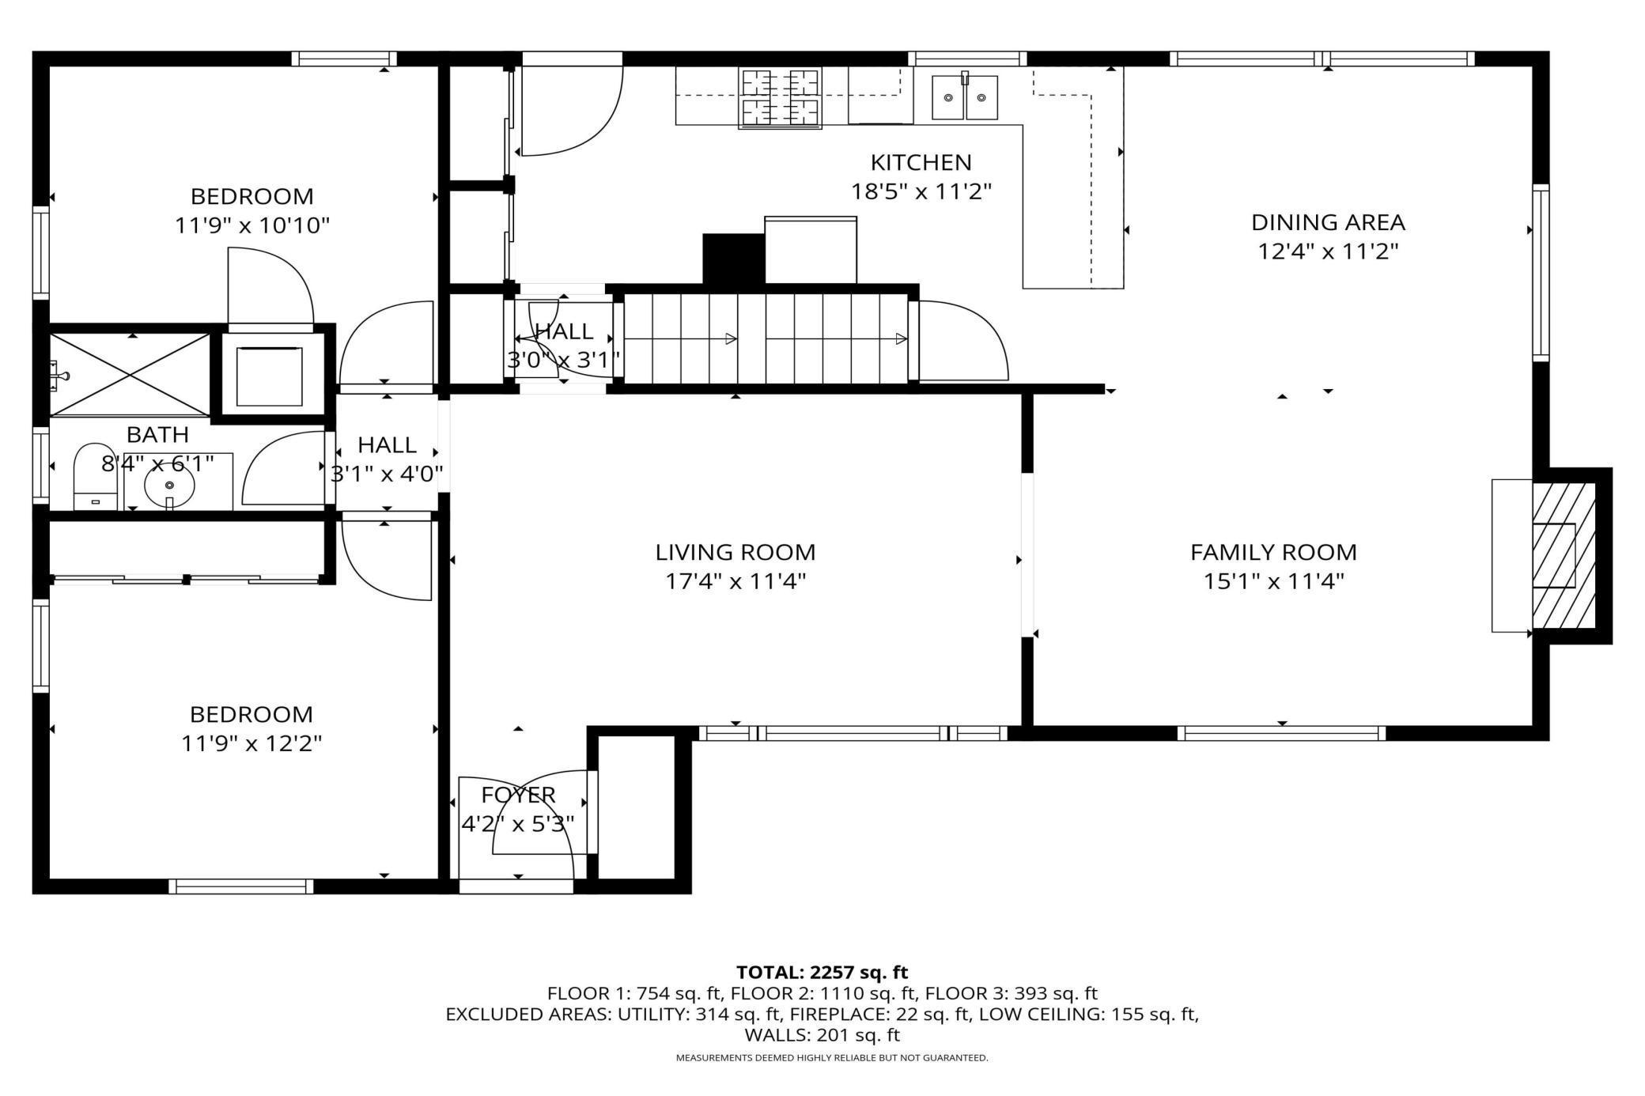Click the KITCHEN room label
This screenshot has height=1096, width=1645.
pyautogui.click(x=921, y=163)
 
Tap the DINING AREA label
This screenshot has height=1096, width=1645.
pyautogui.click(x=1328, y=222)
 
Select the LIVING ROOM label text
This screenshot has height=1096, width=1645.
pyautogui.click(x=735, y=552)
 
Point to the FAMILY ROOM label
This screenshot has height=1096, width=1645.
pyautogui.click(x=1273, y=552)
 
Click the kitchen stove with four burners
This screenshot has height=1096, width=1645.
pyautogui.click(x=781, y=97)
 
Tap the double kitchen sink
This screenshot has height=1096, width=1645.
pyautogui.click(x=964, y=96)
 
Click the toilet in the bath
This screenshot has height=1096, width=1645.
pyautogui.click(x=95, y=477)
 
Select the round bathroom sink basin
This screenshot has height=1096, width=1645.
pyautogui.click(x=169, y=485)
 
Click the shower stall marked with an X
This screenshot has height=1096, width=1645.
pyautogui.click(x=130, y=374)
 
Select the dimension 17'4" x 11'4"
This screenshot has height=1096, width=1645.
pyautogui.click(x=735, y=582)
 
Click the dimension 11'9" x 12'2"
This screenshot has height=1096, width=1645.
pyautogui.click(x=251, y=744)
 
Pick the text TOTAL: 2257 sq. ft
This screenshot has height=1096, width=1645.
pyautogui.click(x=822, y=972)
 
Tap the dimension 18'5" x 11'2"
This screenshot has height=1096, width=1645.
pyautogui.click(x=921, y=192)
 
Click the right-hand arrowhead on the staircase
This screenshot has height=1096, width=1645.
pyautogui.click(x=901, y=339)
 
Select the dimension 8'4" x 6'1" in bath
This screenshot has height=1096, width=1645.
pyautogui.click(x=157, y=463)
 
